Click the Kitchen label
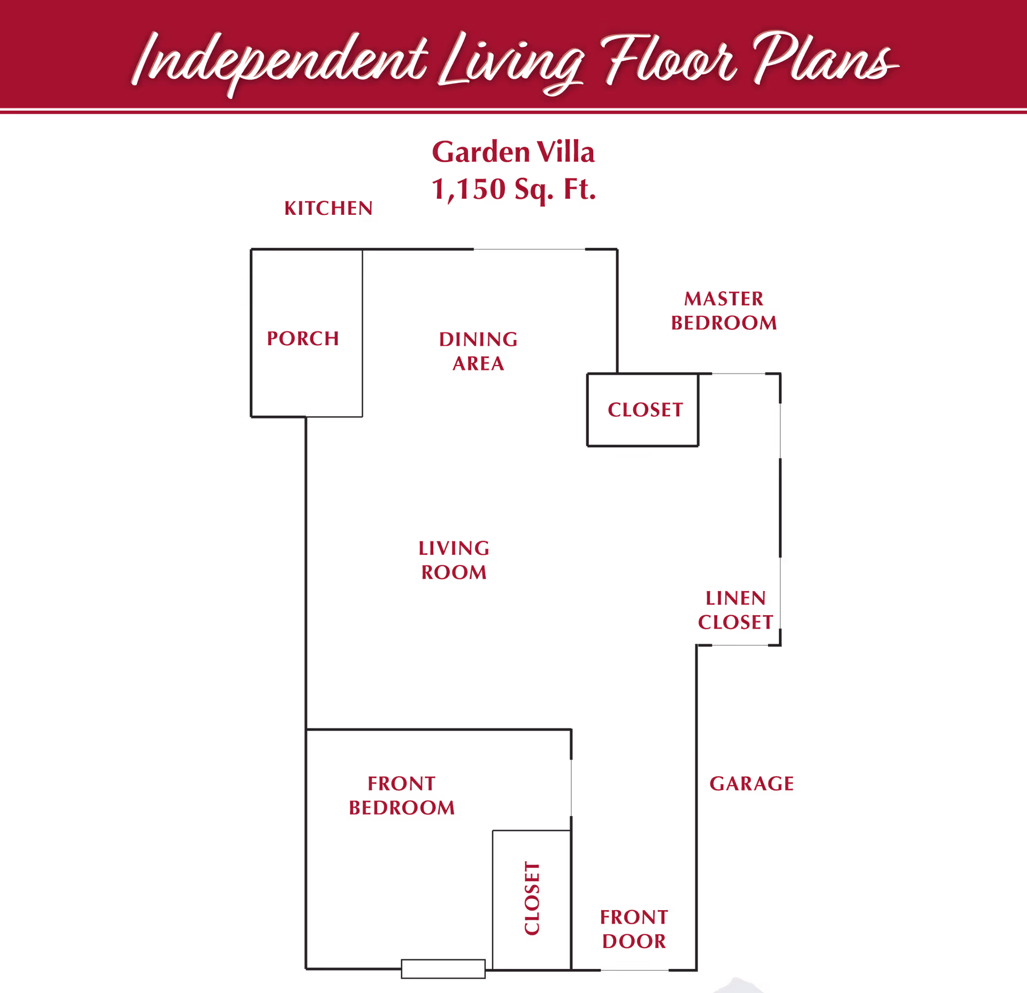pyautogui.click(x=328, y=208)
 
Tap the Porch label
pyautogui.click(x=303, y=338)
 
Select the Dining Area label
pyautogui.click(x=478, y=351)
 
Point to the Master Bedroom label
pyautogui.click(x=724, y=311)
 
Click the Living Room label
pyautogui.click(x=454, y=560)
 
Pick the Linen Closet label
pyautogui.click(x=735, y=610)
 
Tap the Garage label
pyautogui.click(x=752, y=783)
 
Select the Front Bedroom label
pyautogui.click(x=402, y=795)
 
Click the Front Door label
pyautogui.click(x=634, y=929)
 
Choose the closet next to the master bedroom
pyautogui.click(x=643, y=410)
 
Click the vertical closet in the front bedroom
pyautogui.click(x=532, y=899)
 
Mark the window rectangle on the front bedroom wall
pyautogui.click(x=443, y=968)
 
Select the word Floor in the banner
pyautogui.click(x=669, y=59)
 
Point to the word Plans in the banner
pyautogui.click(x=826, y=58)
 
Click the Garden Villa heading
pyautogui.click(x=513, y=152)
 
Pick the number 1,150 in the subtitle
pyautogui.click(x=469, y=189)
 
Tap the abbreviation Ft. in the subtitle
pyautogui.click(x=580, y=189)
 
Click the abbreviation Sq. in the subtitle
pyautogui.click(x=534, y=190)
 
